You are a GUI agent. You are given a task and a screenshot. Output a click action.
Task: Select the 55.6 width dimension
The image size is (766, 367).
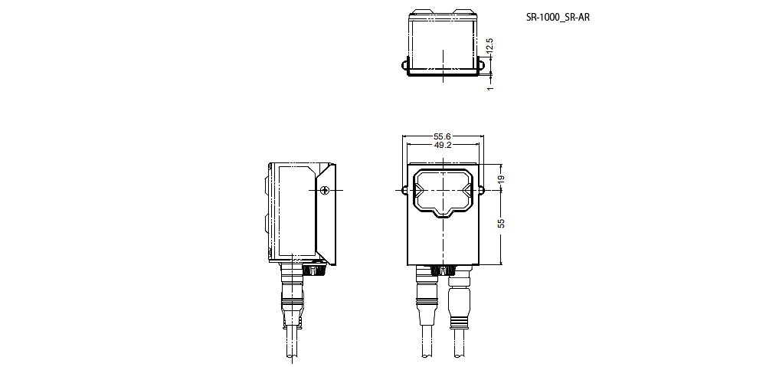tap(442, 136)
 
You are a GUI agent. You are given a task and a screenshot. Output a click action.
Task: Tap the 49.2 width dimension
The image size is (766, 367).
tap(442, 145)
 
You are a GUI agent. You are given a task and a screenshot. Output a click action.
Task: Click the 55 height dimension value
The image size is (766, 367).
tap(501, 224)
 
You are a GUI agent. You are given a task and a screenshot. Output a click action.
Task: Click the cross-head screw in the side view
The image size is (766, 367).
tap(325, 189)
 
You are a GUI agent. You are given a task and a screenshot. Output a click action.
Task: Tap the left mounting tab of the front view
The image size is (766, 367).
tap(404, 188)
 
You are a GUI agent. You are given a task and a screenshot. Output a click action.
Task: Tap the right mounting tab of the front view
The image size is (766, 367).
tap(481, 188)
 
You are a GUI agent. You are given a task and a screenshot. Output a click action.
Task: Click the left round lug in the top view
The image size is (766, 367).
tap(403, 65)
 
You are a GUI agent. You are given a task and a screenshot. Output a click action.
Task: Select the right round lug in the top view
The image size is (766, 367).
tap(483, 65)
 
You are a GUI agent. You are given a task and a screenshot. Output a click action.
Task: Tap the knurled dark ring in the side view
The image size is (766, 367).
tap(315, 270)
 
